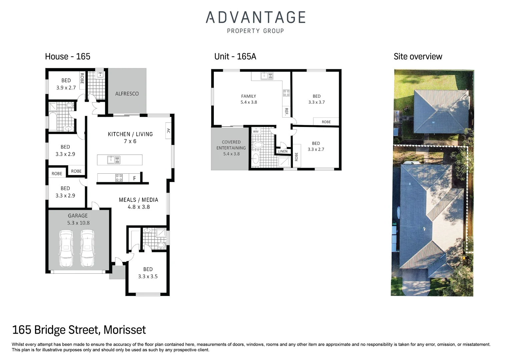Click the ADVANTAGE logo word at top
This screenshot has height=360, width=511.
tap(255, 18)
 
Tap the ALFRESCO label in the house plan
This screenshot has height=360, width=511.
tap(127, 94)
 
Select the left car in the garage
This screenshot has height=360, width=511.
tap(66, 248)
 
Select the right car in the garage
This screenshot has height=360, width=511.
tap(87, 248)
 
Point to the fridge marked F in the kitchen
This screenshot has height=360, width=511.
tap(134, 178)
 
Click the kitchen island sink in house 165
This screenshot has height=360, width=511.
tap(113, 160)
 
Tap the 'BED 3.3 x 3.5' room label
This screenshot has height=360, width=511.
tap(148, 273)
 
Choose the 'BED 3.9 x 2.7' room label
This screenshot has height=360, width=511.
tap(66, 84)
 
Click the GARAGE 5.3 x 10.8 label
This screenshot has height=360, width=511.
tap(78, 219)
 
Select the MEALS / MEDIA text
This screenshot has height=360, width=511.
tap(138, 200)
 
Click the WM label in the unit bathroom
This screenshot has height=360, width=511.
tap(255, 131)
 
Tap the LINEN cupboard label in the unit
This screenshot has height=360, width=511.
tap(283, 151)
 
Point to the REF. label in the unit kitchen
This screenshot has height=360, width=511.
tap(286, 111)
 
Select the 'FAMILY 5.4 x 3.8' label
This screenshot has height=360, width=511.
tap(248, 99)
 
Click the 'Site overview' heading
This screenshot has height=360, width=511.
tap(418, 56)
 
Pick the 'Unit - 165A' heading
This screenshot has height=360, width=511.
tap(235, 56)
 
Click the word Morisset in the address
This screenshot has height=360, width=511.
tap(124, 330)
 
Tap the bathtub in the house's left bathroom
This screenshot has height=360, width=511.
tap(53, 122)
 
